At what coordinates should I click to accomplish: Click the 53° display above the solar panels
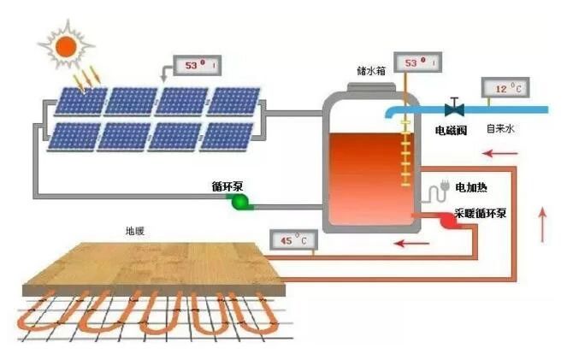coord(197,65)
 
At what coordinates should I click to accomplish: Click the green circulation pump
coord(238,202)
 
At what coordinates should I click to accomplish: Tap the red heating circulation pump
coord(446,221)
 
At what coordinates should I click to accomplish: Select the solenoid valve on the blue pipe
coord(454,108)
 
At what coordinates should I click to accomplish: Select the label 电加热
coord(472,186)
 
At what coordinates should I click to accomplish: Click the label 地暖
coord(135,231)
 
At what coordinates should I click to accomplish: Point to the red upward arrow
coord(543,223)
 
